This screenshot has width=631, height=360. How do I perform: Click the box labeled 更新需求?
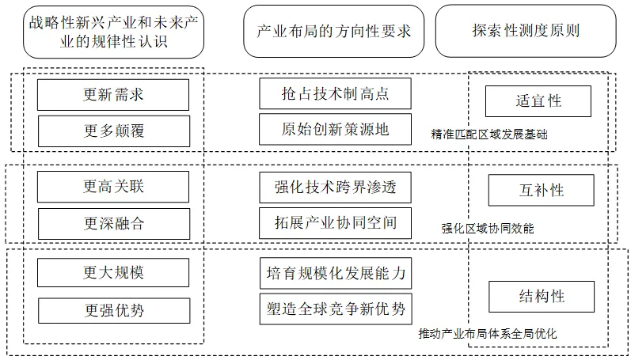[113, 95]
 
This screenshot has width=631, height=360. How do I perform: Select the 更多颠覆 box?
[113, 129]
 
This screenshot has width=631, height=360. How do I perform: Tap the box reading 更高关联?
[113, 188]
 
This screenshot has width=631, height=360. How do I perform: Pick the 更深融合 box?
[113, 223]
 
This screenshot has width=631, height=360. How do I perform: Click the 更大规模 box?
[113, 273]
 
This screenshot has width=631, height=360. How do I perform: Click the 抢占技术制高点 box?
[336, 95]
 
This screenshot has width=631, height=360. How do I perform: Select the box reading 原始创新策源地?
[336, 129]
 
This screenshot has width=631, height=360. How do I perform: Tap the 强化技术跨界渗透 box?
[336, 188]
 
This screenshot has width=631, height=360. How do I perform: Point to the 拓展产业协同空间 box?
[336, 223]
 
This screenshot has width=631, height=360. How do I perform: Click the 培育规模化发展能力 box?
[336, 273]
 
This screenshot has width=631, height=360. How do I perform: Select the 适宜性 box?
[540, 101]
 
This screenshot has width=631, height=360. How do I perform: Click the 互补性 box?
[540, 190]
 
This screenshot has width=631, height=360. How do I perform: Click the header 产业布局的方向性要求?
[335, 31]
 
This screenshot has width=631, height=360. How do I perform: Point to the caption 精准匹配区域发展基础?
[488, 135]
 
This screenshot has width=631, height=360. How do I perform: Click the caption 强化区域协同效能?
[487, 228]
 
